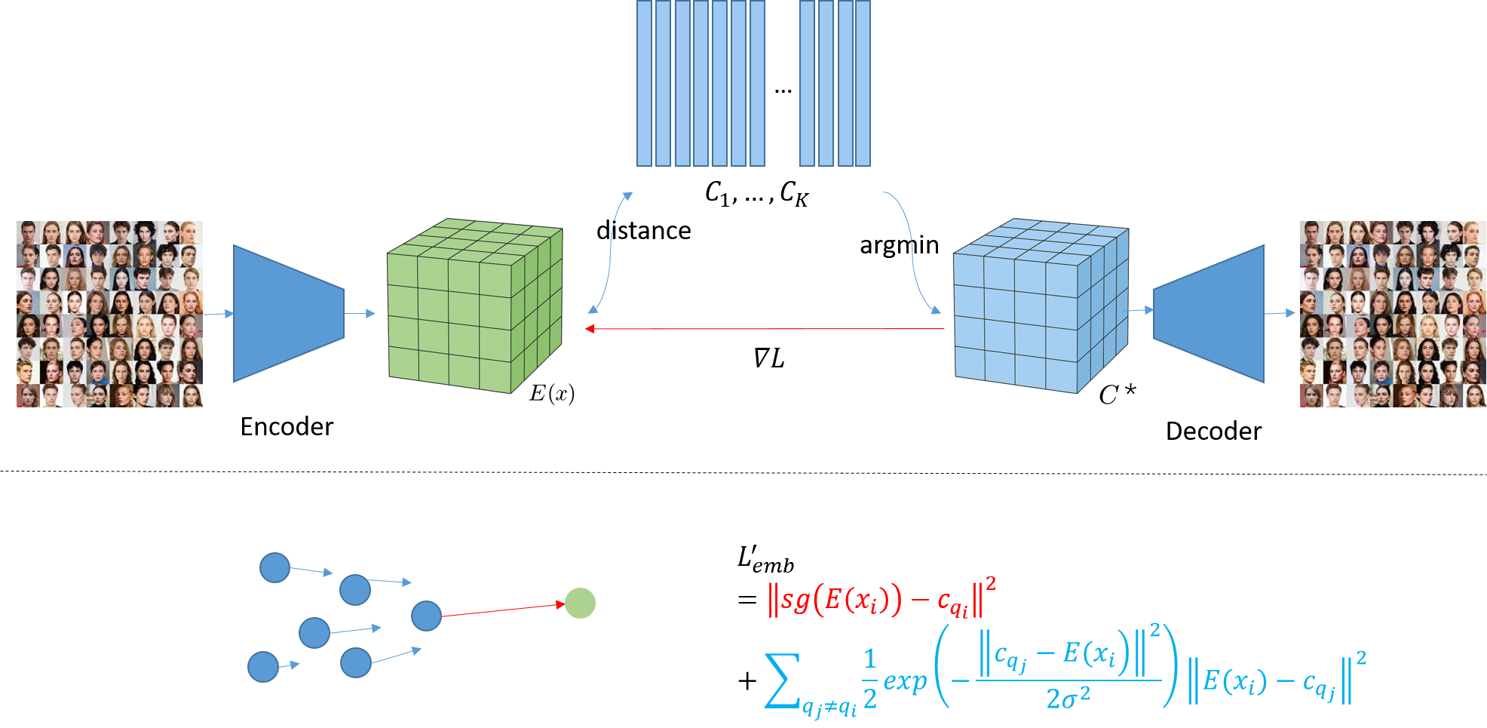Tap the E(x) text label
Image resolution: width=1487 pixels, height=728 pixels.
point(552,393)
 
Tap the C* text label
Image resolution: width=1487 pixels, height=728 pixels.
point(1117,394)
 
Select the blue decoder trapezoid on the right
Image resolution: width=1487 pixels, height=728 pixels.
point(1211,313)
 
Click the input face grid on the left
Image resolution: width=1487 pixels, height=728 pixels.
point(110,314)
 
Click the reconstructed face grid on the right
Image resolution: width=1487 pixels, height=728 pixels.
point(1392,314)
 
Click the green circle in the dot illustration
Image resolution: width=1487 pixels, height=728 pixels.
point(580,603)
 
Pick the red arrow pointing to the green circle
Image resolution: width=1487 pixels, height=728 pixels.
point(502,610)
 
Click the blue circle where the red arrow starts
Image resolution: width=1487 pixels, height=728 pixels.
point(426,616)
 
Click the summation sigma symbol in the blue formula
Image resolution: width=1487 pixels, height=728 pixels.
point(781,681)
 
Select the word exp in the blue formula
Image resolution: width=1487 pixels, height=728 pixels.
point(904,681)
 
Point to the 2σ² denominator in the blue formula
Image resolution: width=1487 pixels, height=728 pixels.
point(1068,699)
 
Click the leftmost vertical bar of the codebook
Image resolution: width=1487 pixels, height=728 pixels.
point(644,83)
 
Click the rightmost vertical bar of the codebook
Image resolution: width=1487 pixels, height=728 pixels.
point(863,83)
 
